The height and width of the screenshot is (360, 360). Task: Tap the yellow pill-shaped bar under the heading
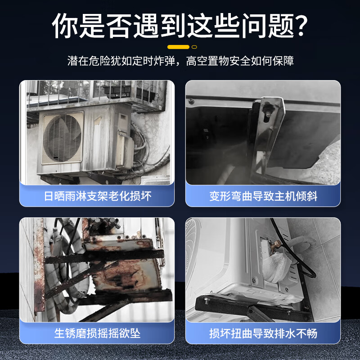(x=178, y=47)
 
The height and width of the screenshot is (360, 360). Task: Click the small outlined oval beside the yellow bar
(x=194, y=47)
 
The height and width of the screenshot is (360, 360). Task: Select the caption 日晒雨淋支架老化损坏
(x=97, y=196)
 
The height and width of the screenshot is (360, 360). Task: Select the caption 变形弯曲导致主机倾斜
(x=263, y=196)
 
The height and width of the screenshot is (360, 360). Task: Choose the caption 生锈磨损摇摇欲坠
(x=97, y=333)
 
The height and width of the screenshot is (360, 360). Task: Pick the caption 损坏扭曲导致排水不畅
(x=263, y=333)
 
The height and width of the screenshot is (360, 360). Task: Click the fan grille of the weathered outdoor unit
(x=63, y=137)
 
